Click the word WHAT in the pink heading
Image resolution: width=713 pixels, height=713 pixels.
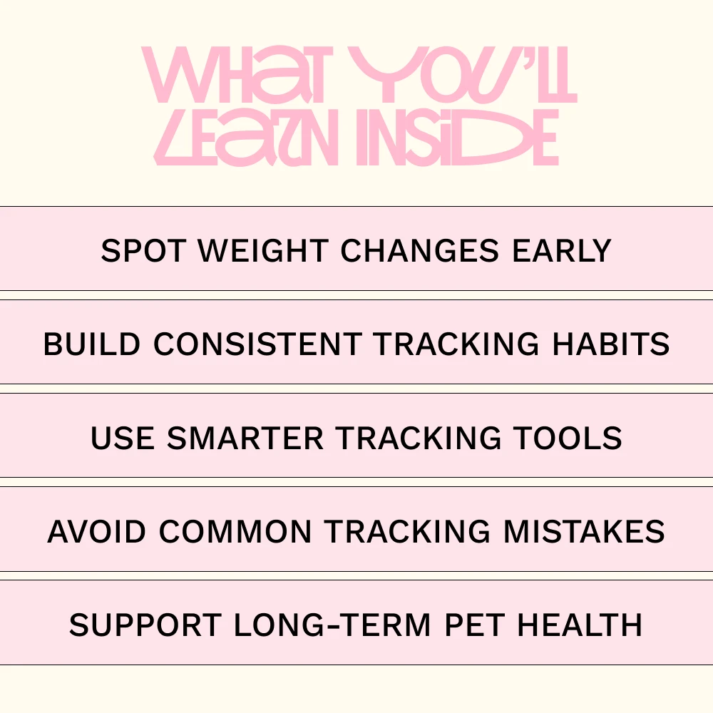click(x=234, y=75)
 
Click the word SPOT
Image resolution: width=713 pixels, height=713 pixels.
click(x=144, y=250)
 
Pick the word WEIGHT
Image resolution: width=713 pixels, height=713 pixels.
click(x=263, y=250)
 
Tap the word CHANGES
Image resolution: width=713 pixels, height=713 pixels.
click(x=420, y=250)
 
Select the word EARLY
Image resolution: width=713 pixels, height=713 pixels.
click(x=562, y=250)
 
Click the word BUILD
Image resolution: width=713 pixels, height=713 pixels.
click(x=92, y=344)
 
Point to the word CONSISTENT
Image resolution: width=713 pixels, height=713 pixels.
click(x=258, y=344)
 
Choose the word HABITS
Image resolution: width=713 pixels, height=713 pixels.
click(x=611, y=344)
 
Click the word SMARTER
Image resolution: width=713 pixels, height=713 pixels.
click(x=245, y=438)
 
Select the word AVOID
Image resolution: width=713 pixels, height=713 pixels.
click(x=96, y=531)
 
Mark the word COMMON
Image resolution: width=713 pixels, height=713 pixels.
click(x=235, y=531)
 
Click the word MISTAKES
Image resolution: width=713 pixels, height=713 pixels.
click(x=585, y=531)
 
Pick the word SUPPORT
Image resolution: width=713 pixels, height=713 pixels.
click(x=145, y=625)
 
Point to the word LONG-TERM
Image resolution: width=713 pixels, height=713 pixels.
click(x=332, y=625)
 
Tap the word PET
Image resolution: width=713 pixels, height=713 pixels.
click(x=475, y=625)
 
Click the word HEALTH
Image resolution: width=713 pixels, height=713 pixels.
click(x=580, y=625)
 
